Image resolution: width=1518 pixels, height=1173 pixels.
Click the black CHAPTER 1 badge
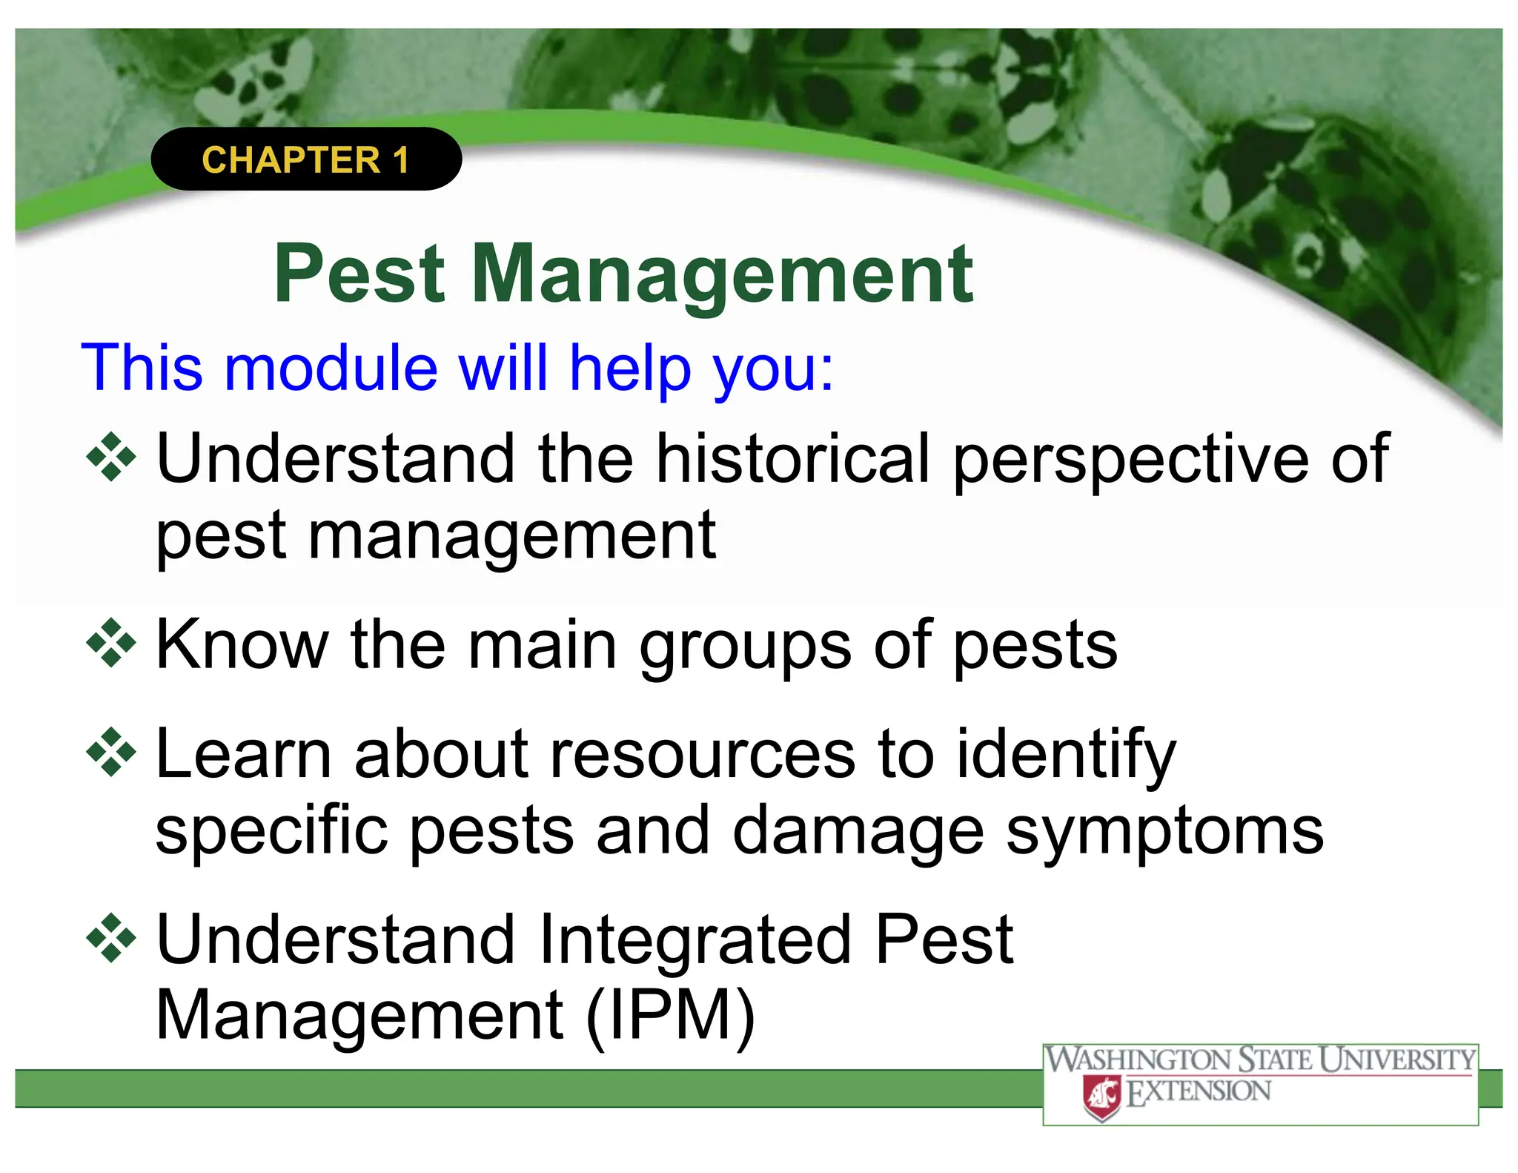click(305, 159)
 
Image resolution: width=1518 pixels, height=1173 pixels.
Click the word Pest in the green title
click(359, 274)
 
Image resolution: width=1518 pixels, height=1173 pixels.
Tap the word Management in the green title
click(722, 276)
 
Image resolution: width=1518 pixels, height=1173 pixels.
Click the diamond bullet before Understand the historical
click(111, 457)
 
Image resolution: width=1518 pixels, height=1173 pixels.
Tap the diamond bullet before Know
click(111, 643)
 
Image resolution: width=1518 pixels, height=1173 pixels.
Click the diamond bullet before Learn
click(111, 753)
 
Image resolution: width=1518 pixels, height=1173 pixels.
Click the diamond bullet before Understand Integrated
click(111, 938)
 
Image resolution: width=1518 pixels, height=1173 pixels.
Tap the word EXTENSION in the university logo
click(1198, 1092)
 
